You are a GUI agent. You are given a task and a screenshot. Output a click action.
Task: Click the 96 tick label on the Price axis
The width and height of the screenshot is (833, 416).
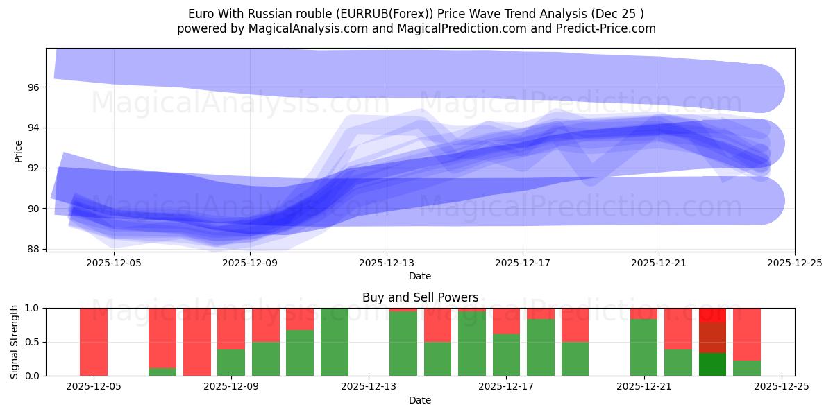[x=34, y=87]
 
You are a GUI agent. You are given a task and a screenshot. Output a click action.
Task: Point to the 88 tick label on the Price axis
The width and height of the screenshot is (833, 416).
[x=34, y=249]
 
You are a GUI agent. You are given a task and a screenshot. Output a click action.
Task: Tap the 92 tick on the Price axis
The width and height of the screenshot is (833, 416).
[x=34, y=168]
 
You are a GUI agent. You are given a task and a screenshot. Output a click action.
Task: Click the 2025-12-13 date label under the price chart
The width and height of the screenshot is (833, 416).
[x=387, y=263]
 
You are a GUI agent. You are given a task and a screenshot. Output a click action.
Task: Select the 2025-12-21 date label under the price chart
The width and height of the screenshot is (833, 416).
[x=659, y=263]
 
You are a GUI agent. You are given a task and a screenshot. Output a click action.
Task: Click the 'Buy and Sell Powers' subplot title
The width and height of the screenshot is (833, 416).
[x=420, y=297]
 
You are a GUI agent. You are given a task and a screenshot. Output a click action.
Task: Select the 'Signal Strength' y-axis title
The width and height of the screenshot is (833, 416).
[x=15, y=342]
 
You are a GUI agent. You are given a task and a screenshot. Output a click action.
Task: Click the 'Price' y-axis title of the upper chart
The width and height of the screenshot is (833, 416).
[x=19, y=150]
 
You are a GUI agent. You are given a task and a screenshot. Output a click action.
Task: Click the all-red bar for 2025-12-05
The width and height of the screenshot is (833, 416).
[x=94, y=342]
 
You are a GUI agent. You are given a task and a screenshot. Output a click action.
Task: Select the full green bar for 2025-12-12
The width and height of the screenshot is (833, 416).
[x=335, y=342]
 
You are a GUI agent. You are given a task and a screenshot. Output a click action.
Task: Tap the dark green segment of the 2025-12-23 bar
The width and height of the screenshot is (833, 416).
[x=712, y=365]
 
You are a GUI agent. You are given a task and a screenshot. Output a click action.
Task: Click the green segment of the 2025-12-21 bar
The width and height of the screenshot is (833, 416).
[x=643, y=347]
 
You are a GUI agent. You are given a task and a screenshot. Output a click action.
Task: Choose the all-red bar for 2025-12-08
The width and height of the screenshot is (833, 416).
[x=197, y=342]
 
